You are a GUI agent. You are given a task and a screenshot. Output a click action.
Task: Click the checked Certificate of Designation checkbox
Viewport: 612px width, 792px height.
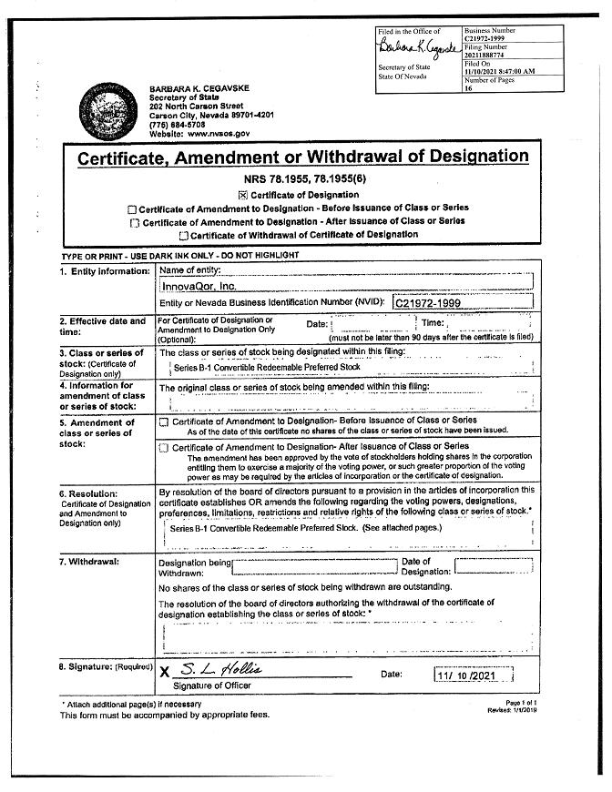[242, 195]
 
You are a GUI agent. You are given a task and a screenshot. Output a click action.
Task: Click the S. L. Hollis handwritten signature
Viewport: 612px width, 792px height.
[219, 670]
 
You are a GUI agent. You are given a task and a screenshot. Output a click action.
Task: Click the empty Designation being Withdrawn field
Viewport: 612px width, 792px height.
[314, 567]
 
